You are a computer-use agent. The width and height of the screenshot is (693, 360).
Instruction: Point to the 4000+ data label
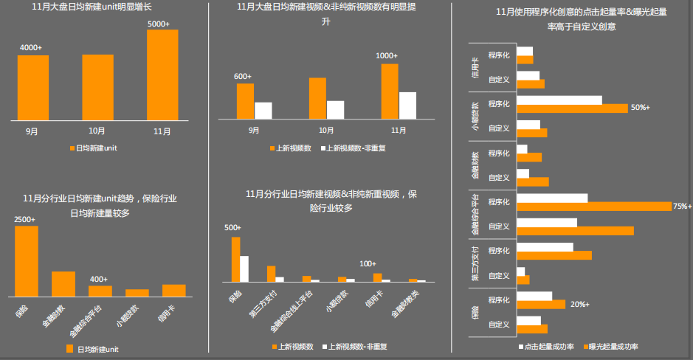tap(31, 47)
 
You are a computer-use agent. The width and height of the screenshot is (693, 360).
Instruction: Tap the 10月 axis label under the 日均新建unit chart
tap(97, 131)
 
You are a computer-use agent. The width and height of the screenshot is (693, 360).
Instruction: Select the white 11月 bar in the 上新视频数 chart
tap(407, 105)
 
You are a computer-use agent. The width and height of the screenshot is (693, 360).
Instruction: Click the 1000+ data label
tap(387, 55)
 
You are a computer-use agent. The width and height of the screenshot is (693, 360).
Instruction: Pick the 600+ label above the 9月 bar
tap(243, 76)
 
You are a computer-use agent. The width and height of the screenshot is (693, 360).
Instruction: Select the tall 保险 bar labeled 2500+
tap(26, 260)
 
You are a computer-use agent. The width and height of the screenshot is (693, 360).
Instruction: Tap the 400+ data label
tap(99, 279)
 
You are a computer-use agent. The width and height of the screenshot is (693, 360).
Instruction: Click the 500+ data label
tap(233, 227)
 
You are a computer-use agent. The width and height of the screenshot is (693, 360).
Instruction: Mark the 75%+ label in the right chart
tap(683, 206)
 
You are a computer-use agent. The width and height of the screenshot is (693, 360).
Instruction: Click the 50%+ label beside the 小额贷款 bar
tap(640, 108)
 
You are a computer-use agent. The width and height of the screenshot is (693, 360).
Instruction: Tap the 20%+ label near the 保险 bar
tap(579, 304)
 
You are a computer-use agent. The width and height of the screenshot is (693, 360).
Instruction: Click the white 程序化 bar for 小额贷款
tap(559, 100)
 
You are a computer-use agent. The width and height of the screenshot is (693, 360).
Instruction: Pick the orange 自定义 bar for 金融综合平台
tap(575, 231)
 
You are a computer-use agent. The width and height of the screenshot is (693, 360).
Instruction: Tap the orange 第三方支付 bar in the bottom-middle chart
tap(271, 273)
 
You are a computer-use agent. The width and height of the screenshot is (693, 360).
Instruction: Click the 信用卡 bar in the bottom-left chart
tap(173, 290)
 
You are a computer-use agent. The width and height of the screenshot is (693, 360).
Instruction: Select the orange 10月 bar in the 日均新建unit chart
tap(97, 87)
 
